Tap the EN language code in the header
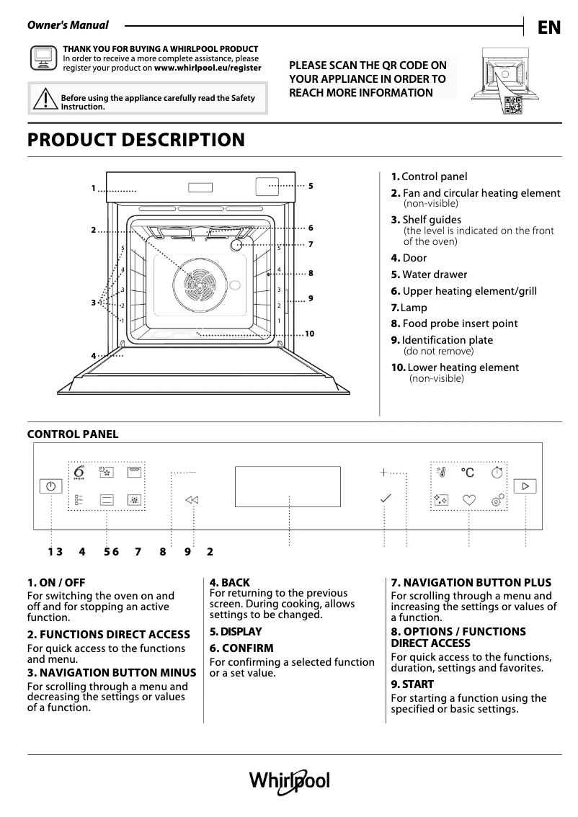pos(548,27)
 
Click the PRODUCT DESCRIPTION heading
pos(136,140)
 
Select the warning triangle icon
pos(45,98)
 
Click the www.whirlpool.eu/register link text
pos(208,68)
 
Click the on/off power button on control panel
pos(50,486)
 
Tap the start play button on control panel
pos(525,486)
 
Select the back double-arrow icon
pos(191,499)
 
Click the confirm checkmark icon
pos(386,498)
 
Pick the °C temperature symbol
pos(468,473)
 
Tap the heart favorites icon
pos(469,499)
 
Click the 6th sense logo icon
pos(79,473)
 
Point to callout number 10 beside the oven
pos(310,334)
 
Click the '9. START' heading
pos(412,684)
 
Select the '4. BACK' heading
pos(230,582)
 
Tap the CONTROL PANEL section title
pos(73,434)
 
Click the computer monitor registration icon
pos(43,58)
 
